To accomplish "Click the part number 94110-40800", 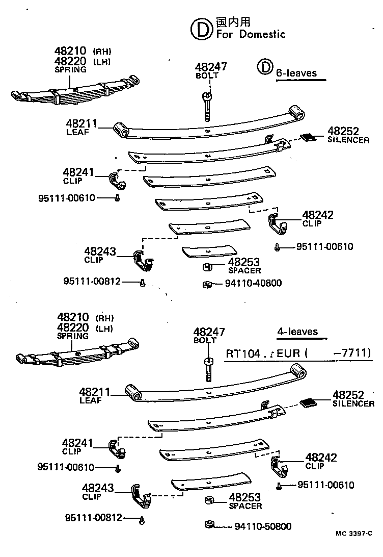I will tap(253, 283).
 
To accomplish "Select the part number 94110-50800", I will tap(263, 526).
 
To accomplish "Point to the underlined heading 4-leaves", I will tap(297, 332).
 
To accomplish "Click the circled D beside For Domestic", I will tap(201, 29).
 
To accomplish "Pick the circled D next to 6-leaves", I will tap(265, 67).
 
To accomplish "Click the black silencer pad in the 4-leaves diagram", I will tap(309, 402).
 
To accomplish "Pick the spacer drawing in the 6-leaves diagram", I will tap(207, 267).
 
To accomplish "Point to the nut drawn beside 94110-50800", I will tap(207, 524).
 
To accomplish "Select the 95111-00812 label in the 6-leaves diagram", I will tap(92, 281).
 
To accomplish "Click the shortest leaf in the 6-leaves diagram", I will tap(210, 250).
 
